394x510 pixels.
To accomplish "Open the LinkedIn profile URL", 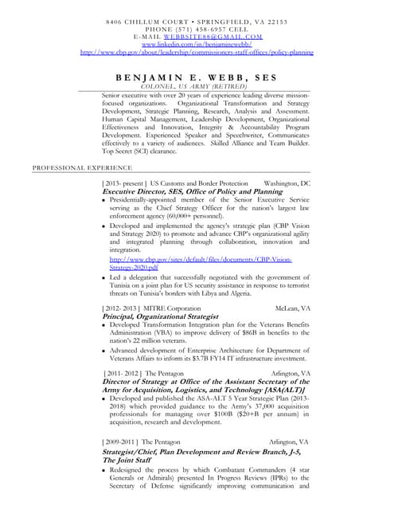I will pos(197,45).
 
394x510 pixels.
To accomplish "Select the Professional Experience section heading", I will pos(71,168).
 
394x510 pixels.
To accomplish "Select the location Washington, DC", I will pos(287,183).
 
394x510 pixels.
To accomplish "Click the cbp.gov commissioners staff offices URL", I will pos(197,53).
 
